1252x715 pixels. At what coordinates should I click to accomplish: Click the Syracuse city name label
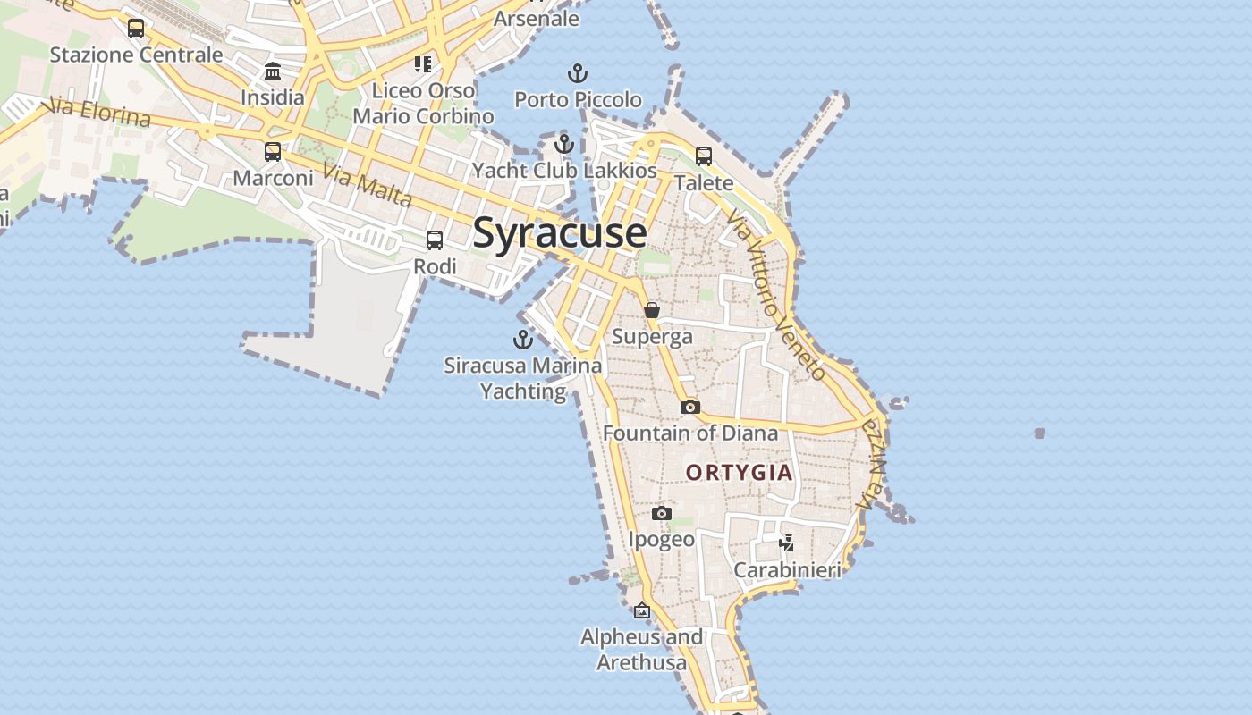[560, 233]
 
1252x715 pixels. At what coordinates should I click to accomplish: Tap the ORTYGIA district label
[739, 473]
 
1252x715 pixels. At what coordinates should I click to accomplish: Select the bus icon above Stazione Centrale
[136, 29]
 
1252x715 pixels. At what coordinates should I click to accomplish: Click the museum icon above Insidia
[273, 71]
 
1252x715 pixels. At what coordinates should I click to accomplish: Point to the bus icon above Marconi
[273, 152]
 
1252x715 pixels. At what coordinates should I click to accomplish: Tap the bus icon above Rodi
[435, 240]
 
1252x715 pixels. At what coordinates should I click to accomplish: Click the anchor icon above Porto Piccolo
[578, 73]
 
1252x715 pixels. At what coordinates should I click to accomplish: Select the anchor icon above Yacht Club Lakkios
[564, 143]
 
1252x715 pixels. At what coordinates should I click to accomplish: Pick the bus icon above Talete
[704, 156]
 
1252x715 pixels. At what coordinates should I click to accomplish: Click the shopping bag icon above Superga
[652, 310]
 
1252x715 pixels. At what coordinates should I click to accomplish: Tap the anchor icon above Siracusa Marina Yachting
[523, 340]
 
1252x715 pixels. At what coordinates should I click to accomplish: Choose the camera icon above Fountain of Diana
[689, 407]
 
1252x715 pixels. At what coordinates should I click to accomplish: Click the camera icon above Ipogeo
[662, 513]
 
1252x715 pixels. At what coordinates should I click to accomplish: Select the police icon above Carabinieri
[787, 543]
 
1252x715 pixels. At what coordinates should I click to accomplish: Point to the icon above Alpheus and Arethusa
[642, 611]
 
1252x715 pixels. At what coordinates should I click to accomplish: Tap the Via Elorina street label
[101, 113]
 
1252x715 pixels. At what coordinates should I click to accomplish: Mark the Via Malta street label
[367, 185]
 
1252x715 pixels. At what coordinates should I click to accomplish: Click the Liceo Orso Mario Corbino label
[423, 104]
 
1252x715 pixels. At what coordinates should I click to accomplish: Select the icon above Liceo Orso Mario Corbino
[423, 63]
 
